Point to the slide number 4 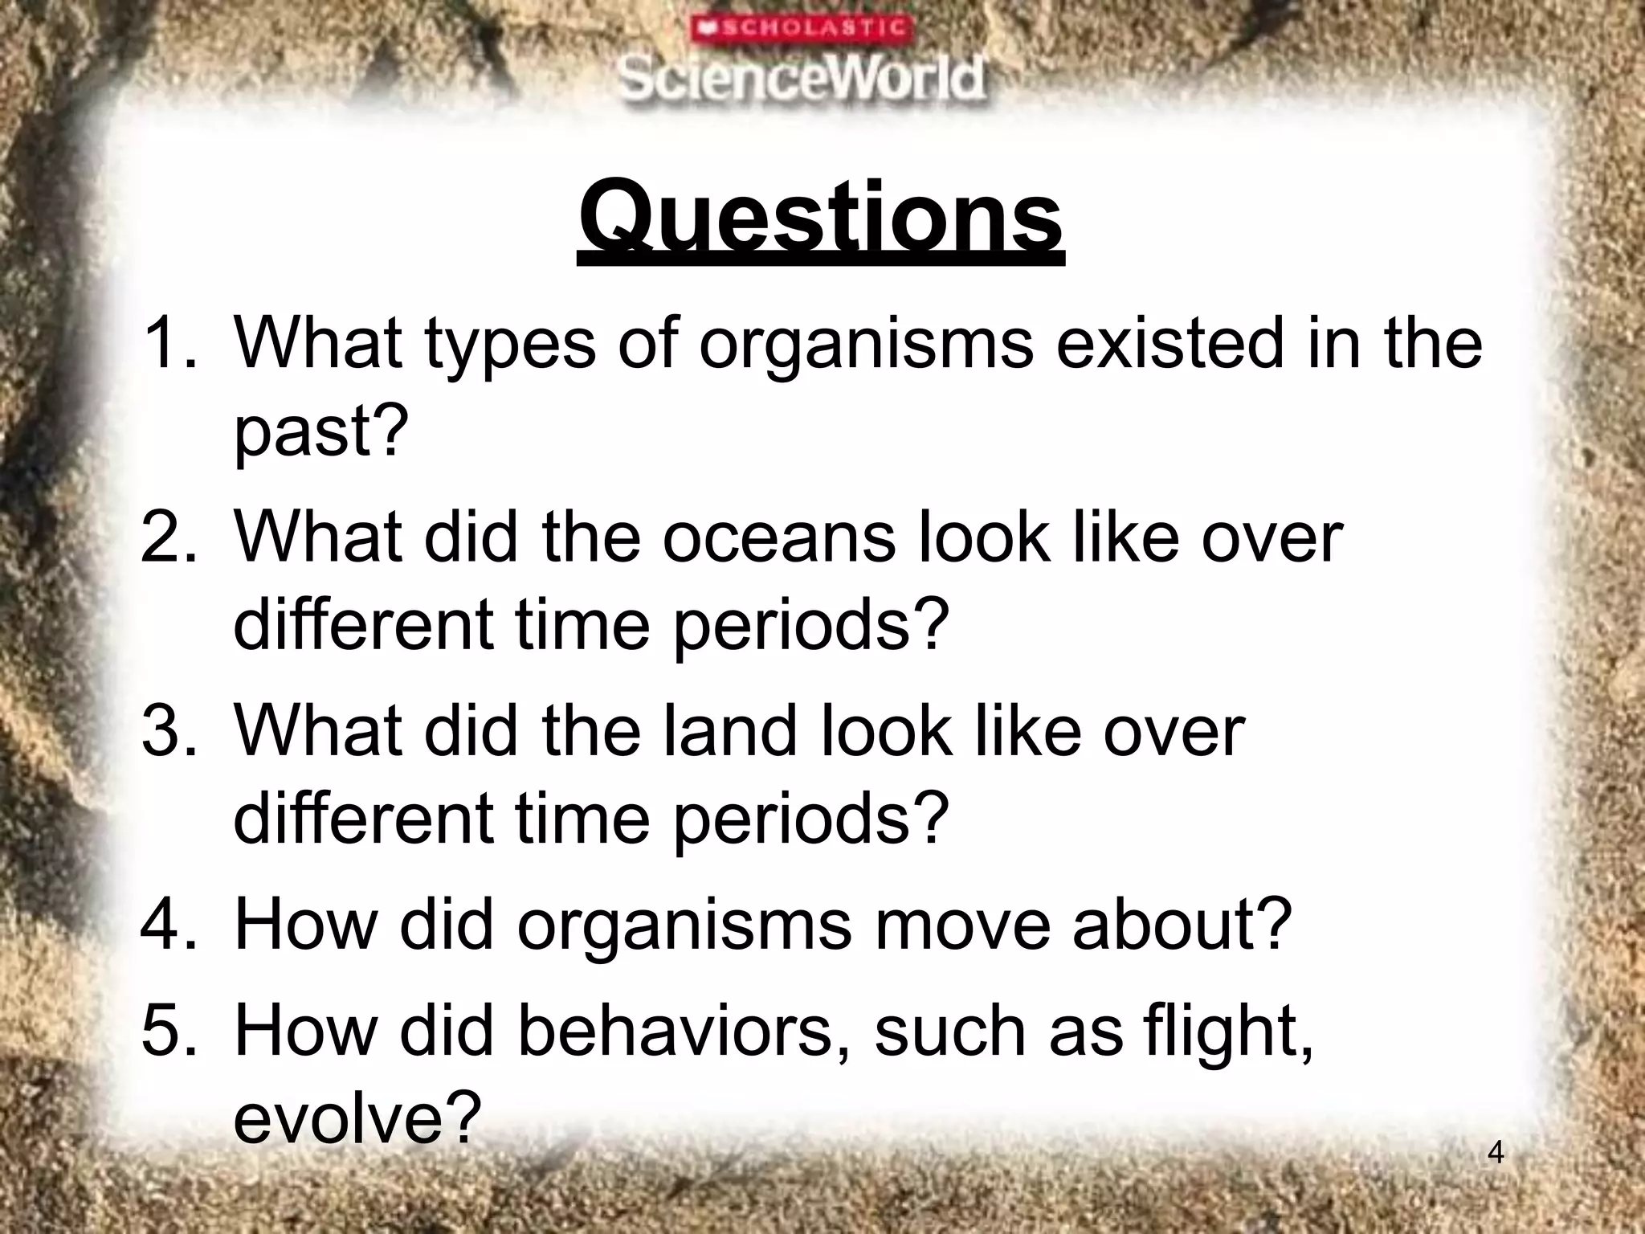[x=1496, y=1153]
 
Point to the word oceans [x=778, y=537]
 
